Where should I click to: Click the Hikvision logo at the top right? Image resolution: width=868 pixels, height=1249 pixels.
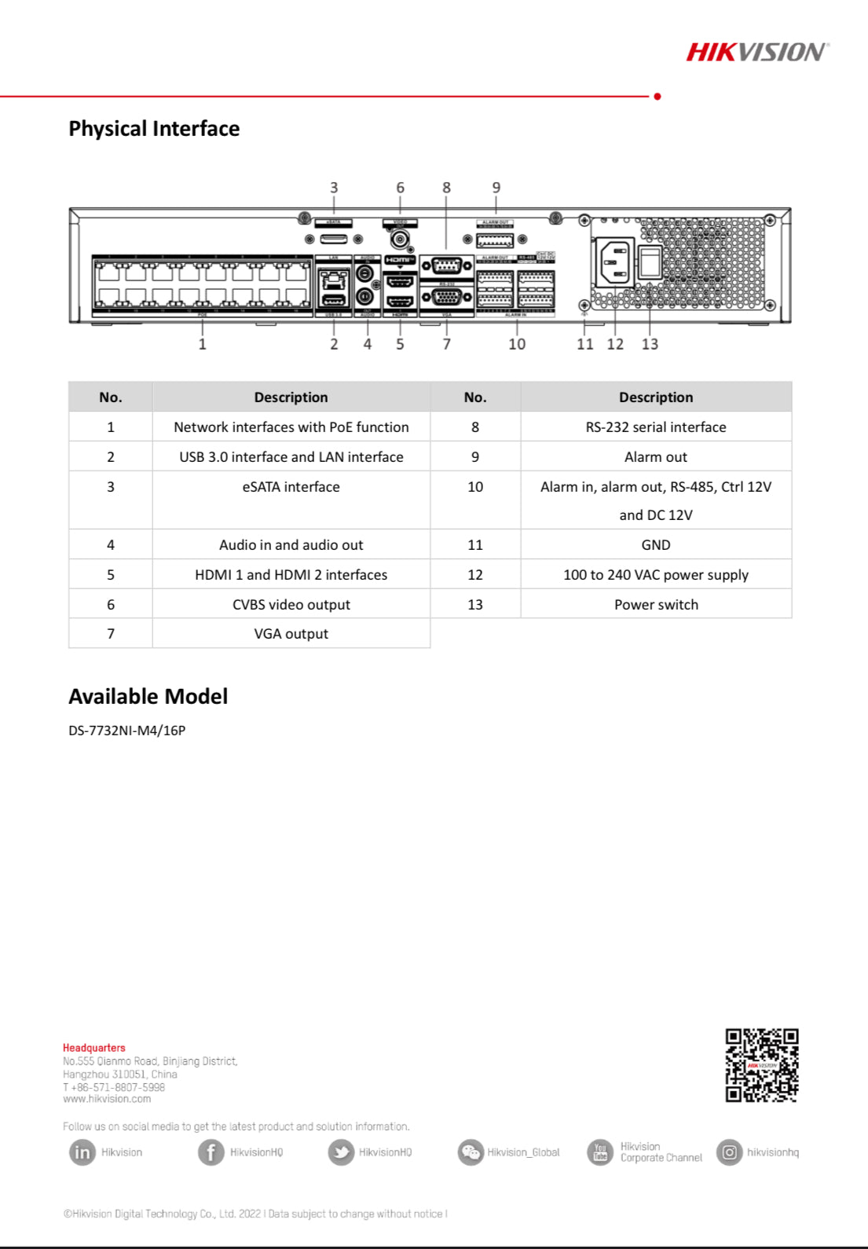point(756,53)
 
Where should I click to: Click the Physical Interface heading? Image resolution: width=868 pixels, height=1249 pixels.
point(154,129)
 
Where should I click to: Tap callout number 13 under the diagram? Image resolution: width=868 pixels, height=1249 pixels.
point(650,344)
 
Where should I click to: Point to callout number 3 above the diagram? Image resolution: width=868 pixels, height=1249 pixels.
point(334,188)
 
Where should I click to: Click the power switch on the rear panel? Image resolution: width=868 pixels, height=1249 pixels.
point(650,263)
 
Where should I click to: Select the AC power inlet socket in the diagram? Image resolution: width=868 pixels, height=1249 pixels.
point(615,262)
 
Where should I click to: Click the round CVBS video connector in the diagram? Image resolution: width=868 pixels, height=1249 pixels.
point(400,239)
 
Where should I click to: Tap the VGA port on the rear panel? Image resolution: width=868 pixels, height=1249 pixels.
point(447,298)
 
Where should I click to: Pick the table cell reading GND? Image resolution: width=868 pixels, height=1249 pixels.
point(656,544)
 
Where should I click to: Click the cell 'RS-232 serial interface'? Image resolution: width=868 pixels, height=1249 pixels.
point(656,427)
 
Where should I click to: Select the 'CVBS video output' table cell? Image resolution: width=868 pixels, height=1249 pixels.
point(291,605)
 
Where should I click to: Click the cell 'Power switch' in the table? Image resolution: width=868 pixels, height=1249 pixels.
point(656,605)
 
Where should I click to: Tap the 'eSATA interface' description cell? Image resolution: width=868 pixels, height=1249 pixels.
point(291,487)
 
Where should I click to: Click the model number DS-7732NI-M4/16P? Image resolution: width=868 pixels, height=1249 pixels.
point(127,731)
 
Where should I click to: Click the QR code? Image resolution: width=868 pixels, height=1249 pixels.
point(761,1065)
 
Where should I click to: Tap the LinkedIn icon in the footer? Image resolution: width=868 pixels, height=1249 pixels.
point(82,1152)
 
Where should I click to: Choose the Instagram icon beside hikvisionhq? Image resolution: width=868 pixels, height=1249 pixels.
point(729,1152)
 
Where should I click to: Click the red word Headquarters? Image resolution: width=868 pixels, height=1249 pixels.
point(94,1048)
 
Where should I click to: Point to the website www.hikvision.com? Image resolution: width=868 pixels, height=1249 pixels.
point(107,1099)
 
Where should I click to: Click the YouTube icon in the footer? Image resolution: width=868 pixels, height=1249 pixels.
point(600,1152)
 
